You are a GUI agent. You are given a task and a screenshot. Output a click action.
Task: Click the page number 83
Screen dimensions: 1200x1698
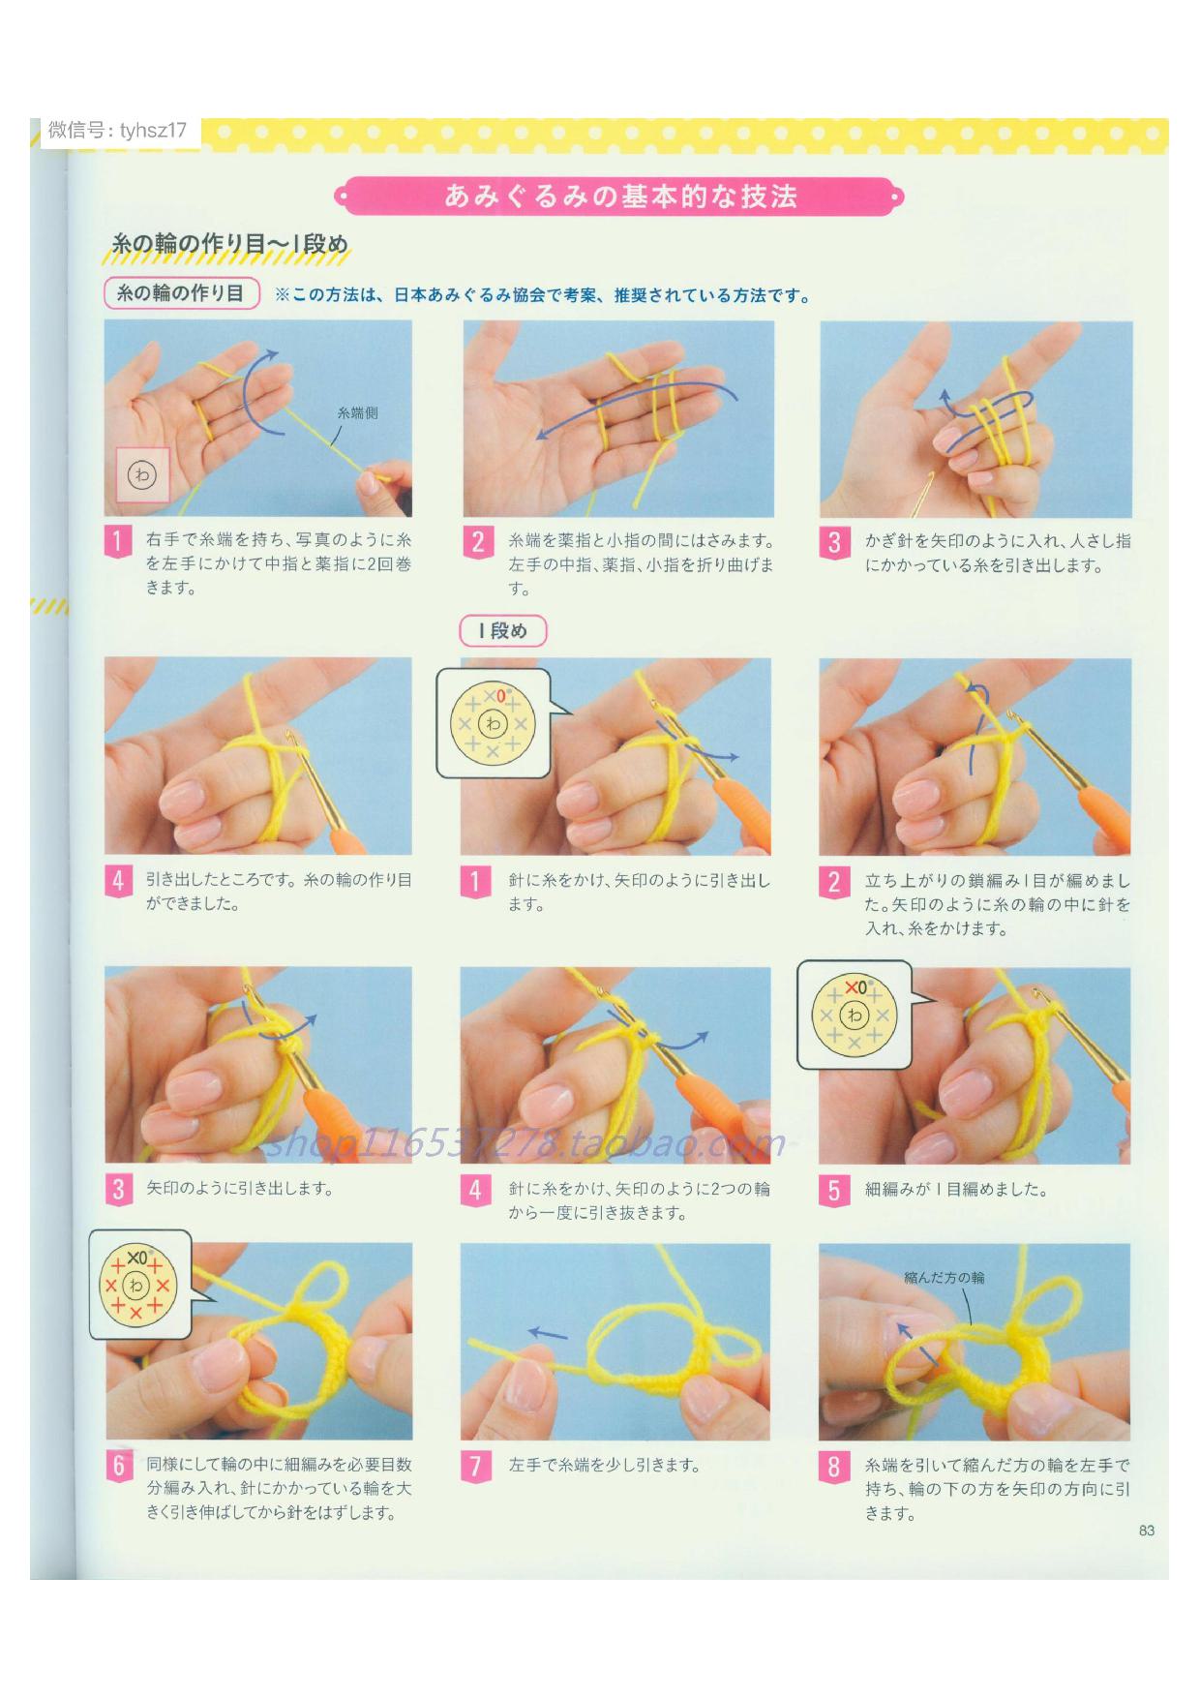tap(1147, 1531)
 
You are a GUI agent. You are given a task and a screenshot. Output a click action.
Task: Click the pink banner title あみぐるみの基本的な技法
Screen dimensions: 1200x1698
tap(620, 197)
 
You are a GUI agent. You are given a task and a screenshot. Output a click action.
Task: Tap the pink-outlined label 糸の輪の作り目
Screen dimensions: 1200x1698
tap(181, 293)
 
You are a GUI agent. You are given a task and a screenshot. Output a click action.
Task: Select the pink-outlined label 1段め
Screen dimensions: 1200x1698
tap(502, 631)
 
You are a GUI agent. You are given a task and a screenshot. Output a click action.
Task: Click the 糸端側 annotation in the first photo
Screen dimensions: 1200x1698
tap(357, 413)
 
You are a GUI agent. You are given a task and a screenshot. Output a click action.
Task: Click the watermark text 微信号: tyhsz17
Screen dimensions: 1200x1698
tap(117, 131)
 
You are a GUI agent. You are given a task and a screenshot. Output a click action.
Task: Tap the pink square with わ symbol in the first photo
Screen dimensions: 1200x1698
tap(142, 475)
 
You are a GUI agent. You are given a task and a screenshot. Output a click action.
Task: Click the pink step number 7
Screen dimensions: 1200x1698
tap(474, 1467)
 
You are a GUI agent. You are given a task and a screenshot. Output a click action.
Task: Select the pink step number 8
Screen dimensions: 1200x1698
tap(833, 1467)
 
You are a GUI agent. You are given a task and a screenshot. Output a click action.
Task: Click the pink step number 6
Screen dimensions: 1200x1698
tap(118, 1467)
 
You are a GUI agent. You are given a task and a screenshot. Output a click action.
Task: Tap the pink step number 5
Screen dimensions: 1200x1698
tap(833, 1190)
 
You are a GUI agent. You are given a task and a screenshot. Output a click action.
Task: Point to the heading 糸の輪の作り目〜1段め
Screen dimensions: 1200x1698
tap(229, 243)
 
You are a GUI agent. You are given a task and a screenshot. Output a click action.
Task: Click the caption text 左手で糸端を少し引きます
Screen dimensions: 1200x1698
tap(604, 1466)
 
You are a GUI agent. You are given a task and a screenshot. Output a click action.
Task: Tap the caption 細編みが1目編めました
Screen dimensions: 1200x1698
tap(956, 1190)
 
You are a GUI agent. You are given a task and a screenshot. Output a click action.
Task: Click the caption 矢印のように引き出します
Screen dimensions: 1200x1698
tap(240, 1188)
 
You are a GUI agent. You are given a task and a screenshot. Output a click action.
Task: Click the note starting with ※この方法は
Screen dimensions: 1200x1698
tap(543, 295)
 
